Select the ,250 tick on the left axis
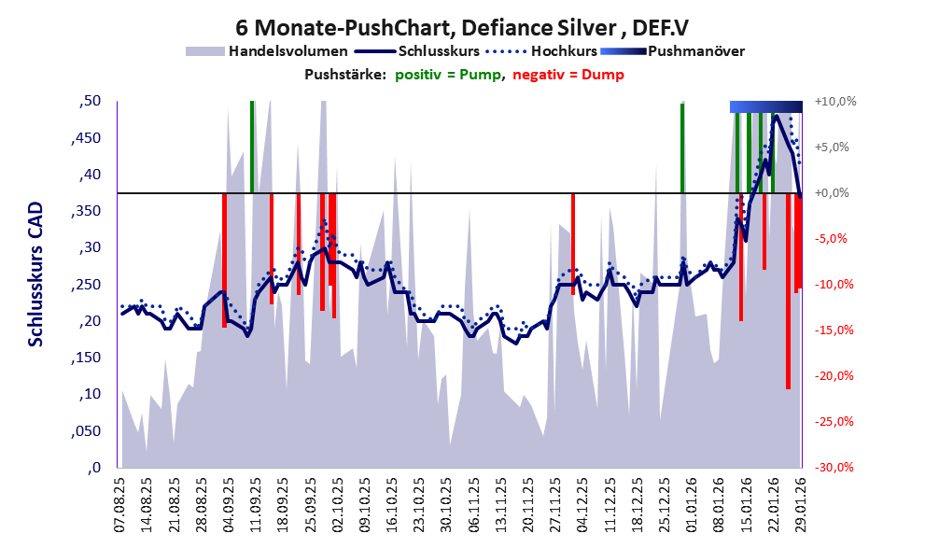pos(86,285)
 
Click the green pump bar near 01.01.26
pos(682,148)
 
